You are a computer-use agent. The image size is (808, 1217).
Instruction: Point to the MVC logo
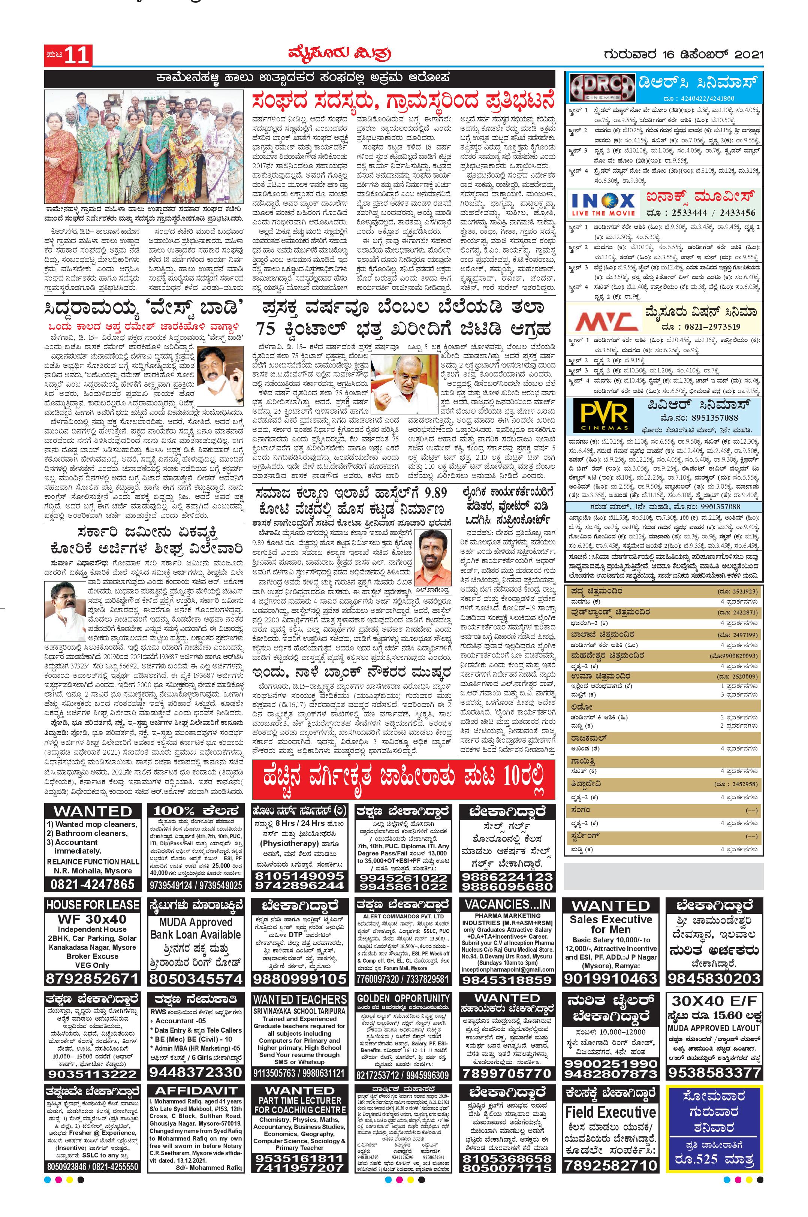(603, 320)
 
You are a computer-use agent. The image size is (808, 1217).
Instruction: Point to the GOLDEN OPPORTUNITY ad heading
(404, 998)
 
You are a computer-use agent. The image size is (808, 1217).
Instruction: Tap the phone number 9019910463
(610, 978)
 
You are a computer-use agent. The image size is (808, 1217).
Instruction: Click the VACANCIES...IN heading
(507, 904)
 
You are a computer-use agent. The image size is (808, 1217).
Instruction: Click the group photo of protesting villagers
(145, 147)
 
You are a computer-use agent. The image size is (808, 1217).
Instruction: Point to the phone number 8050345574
(196, 978)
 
